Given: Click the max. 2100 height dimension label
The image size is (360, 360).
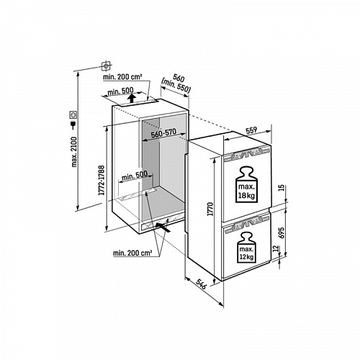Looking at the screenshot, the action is click(x=74, y=152).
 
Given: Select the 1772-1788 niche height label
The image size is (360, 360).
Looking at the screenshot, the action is click(x=102, y=180).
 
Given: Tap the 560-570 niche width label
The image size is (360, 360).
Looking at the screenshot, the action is click(x=163, y=133).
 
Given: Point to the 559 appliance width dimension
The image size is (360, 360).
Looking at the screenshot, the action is click(x=251, y=130).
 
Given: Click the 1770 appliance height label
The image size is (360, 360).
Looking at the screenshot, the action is click(x=210, y=209).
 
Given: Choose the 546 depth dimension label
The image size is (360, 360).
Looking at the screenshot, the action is click(x=201, y=284).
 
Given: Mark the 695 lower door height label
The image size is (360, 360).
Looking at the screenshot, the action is click(x=282, y=233).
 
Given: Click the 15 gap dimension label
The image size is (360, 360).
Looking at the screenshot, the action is click(x=282, y=187).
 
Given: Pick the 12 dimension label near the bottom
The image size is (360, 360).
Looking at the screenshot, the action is click(x=276, y=248).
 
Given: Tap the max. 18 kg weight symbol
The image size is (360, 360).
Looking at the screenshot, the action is click(x=246, y=184).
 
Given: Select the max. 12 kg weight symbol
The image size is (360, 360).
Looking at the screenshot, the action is click(x=246, y=247).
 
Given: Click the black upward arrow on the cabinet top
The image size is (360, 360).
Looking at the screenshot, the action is click(x=131, y=98).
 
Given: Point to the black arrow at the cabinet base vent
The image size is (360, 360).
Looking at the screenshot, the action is click(x=163, y=227).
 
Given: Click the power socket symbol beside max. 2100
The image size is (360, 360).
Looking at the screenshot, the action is click(x=73, y=114).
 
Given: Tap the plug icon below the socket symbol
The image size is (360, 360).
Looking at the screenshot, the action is click(x=73, y=125).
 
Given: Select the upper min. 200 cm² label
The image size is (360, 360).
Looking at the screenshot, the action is click(x=122, y=77).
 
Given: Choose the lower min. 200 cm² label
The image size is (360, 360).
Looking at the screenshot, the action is click(x=132, y=253).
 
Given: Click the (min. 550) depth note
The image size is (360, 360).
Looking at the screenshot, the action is click(x=176, y=86).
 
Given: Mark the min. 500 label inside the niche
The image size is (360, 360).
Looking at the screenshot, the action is click(x=135, y=176).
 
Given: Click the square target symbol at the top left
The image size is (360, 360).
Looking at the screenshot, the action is click(x=107, y=66).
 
